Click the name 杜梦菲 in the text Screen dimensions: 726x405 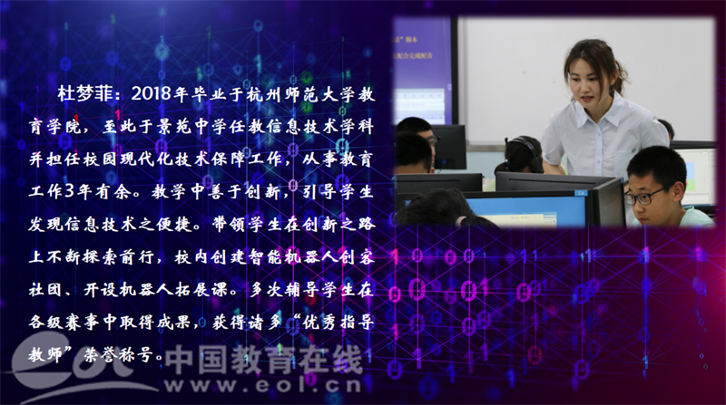click(85, 94)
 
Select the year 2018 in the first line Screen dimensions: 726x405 click(152, 94)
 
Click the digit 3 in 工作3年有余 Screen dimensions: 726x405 click(70, 191)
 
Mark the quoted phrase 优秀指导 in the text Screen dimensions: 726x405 click(338, 322)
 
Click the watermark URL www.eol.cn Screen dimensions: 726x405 click(262, 385)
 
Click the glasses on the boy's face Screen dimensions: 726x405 click(643, 197)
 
